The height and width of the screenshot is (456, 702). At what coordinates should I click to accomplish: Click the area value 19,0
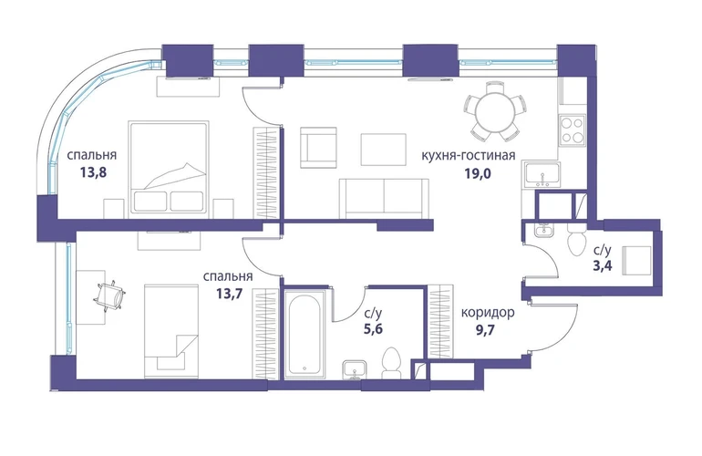pos(477,173)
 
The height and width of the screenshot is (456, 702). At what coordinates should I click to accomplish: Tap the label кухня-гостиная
pos(469,155)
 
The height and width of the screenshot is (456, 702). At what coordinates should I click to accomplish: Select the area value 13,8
pos(94,172)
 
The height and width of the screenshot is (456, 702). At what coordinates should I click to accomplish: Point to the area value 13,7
pos(229,294)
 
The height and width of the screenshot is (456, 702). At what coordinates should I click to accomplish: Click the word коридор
pos(488,312)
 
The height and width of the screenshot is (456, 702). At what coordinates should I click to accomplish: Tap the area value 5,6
pos(374,329)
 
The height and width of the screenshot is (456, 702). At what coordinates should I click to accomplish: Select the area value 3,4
pos(602,265)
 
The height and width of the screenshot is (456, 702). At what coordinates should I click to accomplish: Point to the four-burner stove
pos(572,130)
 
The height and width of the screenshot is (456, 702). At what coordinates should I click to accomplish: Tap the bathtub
pos(305,334)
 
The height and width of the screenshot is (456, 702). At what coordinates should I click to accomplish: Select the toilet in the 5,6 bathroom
pos(391,363)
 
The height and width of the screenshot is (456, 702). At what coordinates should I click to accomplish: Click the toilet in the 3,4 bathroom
pos(575,239)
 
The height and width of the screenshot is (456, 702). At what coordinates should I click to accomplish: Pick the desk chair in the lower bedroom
pos(110,295)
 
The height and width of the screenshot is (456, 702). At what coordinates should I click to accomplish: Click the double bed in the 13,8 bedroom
pos(169,170)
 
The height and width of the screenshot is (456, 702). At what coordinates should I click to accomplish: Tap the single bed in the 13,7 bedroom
pos(171,331)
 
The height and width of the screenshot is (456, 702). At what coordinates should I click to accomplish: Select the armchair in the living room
pos(318,148)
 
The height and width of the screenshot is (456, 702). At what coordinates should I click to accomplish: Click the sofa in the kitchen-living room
pos(384,199)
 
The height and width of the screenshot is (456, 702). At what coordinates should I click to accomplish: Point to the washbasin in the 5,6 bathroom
pos(355,370)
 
